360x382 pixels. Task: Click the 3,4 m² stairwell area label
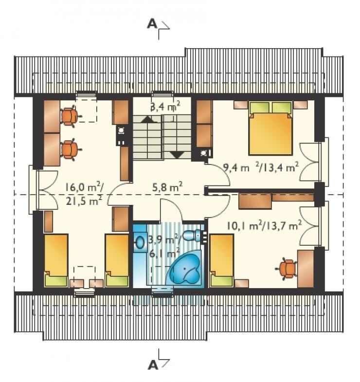[165, 107]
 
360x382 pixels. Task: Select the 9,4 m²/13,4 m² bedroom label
[261, 167]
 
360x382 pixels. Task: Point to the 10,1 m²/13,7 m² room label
[265, 225]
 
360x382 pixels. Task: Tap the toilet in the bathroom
[194, 236]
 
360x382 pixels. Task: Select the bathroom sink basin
[140, 242]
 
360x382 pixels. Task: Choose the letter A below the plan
[153, 365]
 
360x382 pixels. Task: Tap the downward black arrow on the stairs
[176, 155]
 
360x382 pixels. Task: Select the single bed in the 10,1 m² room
[222, 260]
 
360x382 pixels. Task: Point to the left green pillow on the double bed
[259, 108]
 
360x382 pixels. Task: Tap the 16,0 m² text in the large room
[84, 187]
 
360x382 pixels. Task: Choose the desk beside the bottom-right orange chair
[306, 269]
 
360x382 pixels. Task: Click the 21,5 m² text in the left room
[84, 201]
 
